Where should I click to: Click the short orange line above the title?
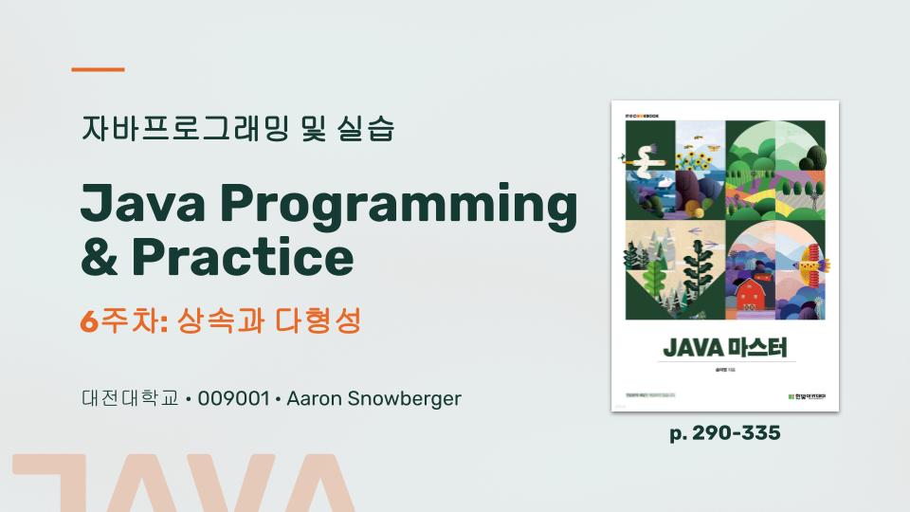[x=99, y=69]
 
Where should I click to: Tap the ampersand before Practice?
[x=99, y=256]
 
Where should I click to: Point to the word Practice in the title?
[x=243, y=256]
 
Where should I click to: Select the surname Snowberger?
[x=403, y=398]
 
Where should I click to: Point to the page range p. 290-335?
[x=725, y=433]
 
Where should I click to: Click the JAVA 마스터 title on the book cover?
[x=725, y=348]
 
